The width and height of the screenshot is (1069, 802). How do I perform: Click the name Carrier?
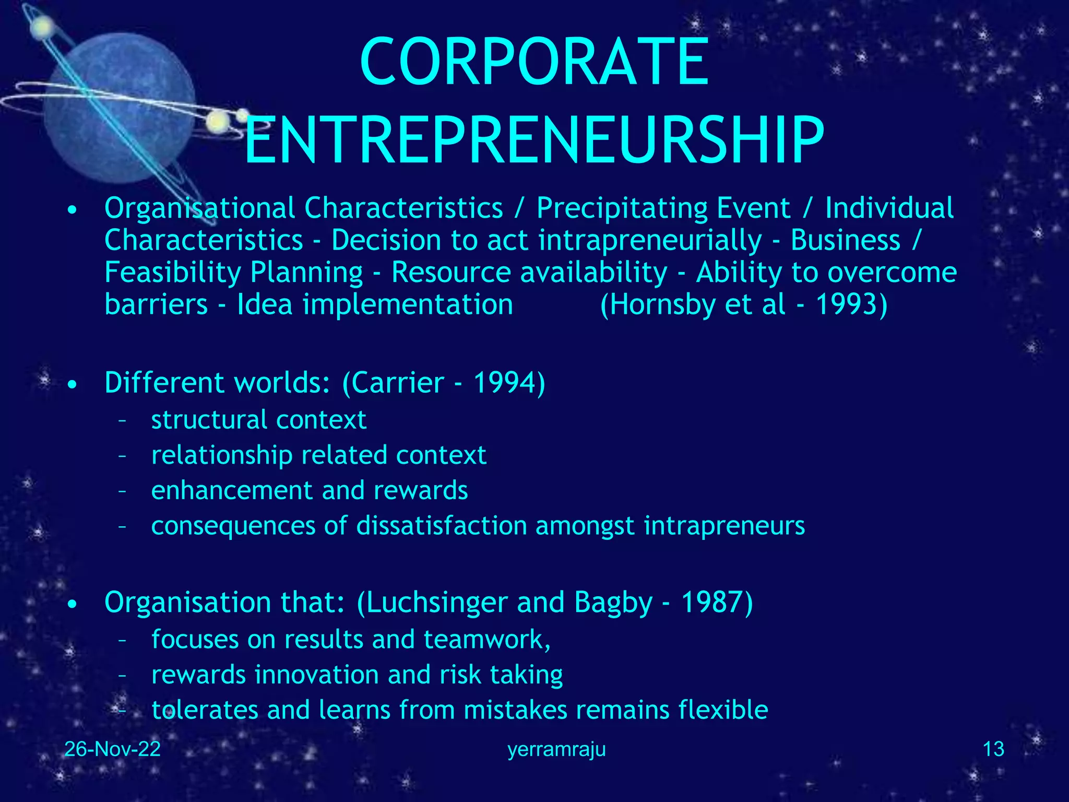click(397, 383)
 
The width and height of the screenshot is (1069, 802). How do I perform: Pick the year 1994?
click(504, 383)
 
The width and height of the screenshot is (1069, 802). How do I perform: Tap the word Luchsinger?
click(436, 603)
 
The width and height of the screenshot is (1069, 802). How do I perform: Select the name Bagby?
click(613, 603)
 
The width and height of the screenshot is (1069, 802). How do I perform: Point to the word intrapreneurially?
click(650, 241)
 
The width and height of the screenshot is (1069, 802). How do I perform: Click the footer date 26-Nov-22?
click(112, 749)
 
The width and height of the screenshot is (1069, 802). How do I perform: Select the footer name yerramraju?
click(556, 749)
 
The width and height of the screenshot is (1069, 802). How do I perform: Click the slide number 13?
click(993, 749)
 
